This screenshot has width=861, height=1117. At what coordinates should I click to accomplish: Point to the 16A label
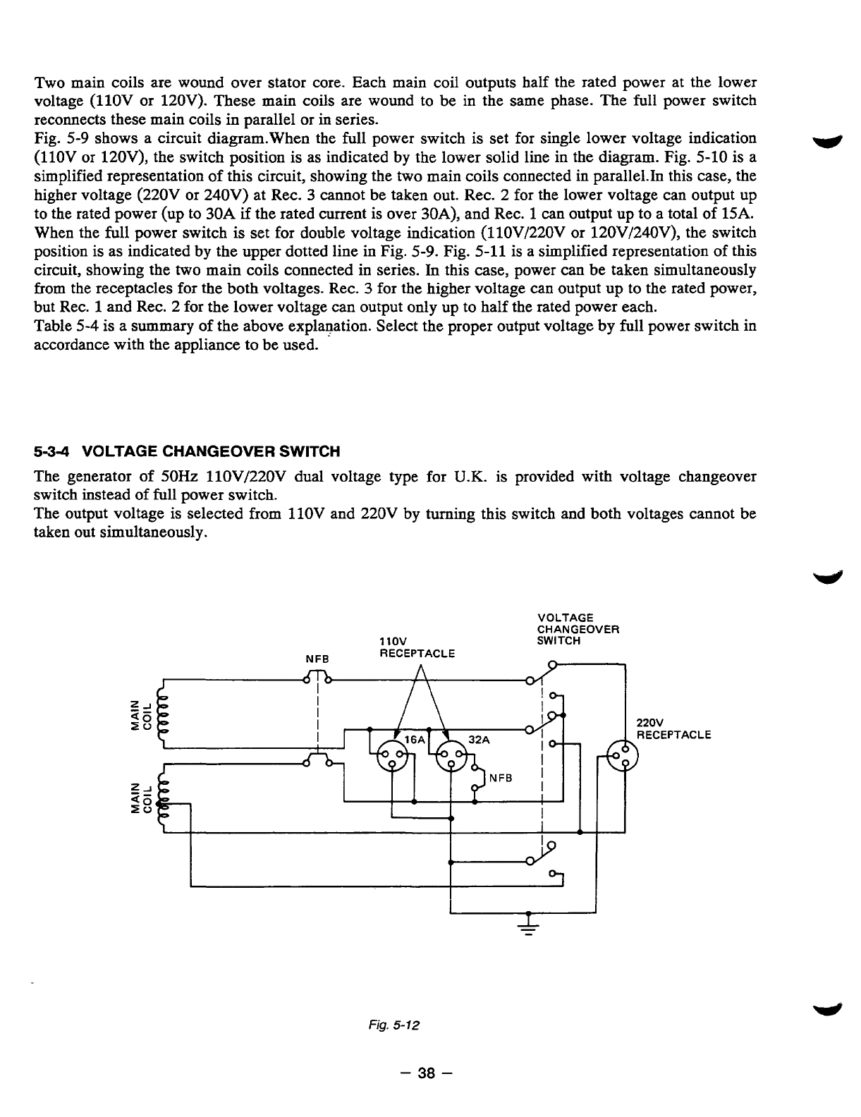(x=415, y=740)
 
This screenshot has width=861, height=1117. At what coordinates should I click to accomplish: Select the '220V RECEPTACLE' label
(x=673, y=729)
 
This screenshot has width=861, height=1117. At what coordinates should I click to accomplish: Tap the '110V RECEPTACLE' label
(x=417, y=647)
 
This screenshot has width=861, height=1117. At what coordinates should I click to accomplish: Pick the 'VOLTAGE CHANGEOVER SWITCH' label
(x=578, y=629)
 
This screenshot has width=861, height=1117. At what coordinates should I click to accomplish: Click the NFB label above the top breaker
(x=317, y=658)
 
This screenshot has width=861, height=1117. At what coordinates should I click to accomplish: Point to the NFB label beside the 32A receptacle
(x=500, y=778)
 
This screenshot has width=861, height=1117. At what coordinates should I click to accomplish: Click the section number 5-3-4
(x=58, y=451)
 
